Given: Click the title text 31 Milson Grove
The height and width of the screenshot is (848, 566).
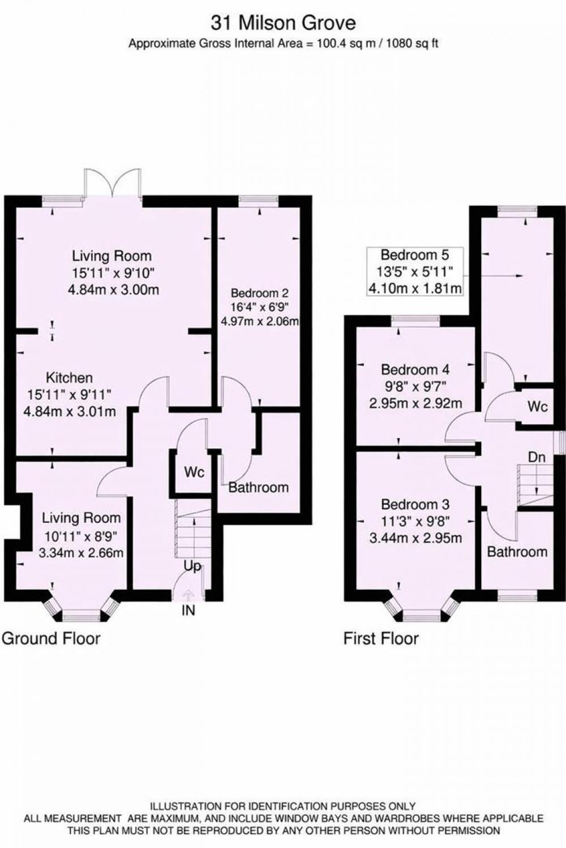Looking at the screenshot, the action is click(283, 24).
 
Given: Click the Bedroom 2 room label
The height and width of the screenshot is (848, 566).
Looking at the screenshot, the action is click(260, 293).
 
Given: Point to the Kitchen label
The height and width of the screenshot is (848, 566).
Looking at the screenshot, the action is click(70, 378).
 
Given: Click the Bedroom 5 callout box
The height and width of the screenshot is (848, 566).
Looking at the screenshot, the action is click(415, 271).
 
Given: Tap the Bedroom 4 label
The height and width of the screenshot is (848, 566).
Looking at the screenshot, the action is click(415, 369).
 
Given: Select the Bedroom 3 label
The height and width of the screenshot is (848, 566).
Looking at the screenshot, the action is click(415, 505).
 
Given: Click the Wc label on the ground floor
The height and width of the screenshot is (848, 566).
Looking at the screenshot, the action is click(194, 472).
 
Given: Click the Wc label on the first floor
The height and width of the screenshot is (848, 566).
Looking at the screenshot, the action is click(538, 406).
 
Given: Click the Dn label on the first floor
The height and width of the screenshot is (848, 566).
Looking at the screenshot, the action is click(537, 457).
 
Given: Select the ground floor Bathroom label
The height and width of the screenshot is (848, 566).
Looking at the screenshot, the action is click(259, 487).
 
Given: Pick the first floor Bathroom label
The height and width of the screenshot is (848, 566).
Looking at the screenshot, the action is click(517, 552).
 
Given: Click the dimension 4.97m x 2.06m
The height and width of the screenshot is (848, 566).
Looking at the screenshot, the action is click(260, 322).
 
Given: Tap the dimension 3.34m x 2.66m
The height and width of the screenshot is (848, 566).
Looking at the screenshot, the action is click(81, 553).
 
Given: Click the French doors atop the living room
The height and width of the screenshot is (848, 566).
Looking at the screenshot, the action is click(113, 183).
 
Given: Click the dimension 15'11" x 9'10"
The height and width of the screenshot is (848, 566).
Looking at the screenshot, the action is click(113, 273).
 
